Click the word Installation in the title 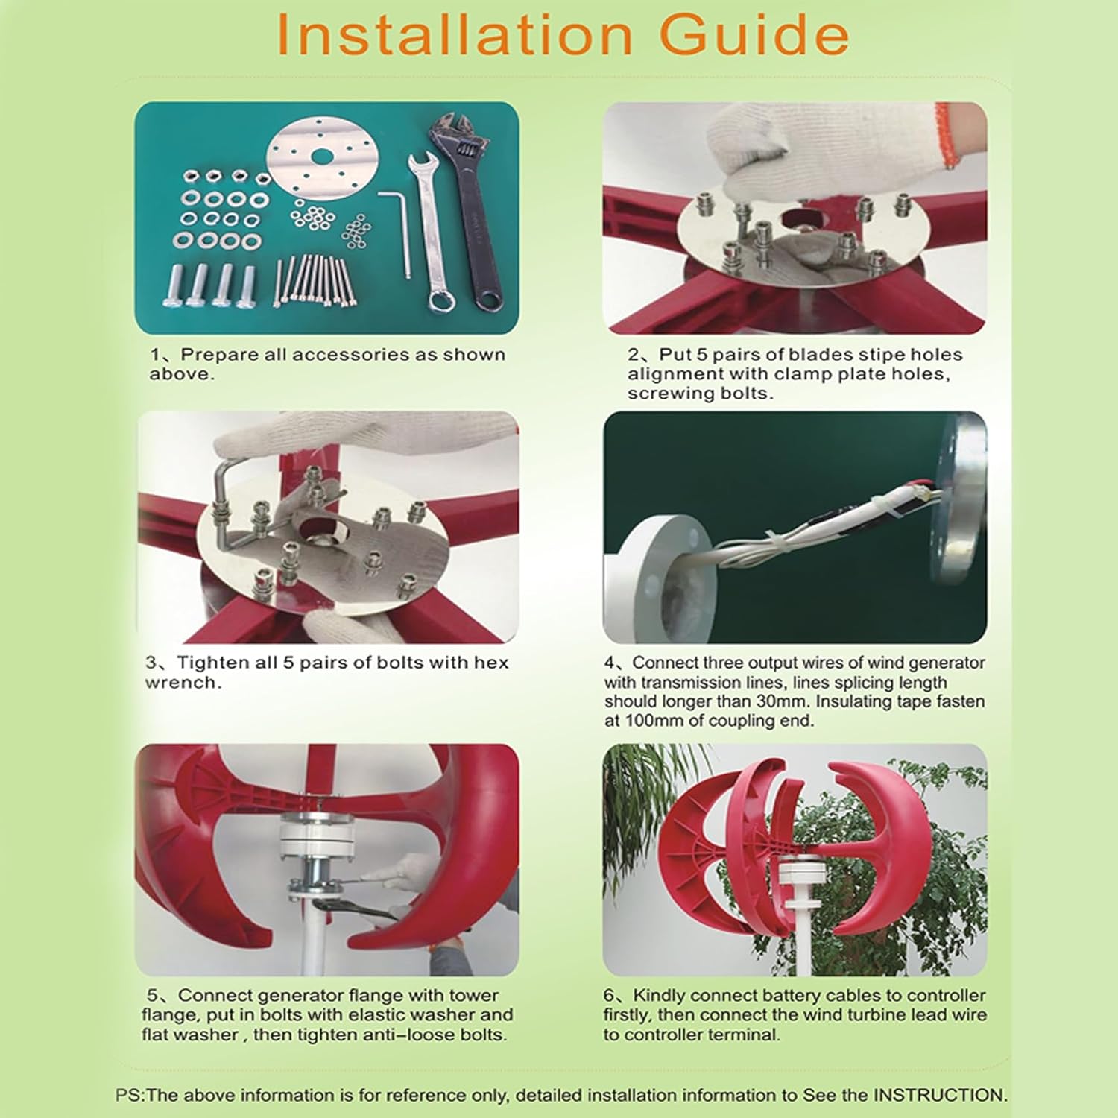click(x=453, y=35)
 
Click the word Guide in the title click(x=754, y=35)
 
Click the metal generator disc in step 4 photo click(x=961, y=499)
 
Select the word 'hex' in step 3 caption click(x=491, y=663)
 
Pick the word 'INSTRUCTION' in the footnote click(x=940, y=1095)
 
